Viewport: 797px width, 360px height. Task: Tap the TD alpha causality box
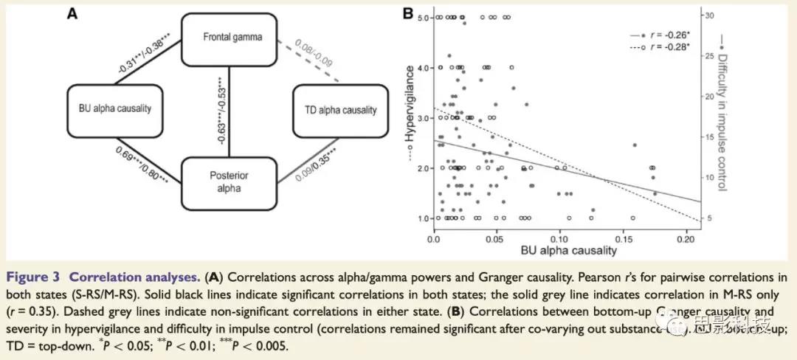[x=340, y=110]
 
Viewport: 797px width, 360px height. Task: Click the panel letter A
[x=72, y=13]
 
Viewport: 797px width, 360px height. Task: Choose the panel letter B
[x=406, y=13]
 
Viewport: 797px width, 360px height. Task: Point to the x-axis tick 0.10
[x=559, y=240]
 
